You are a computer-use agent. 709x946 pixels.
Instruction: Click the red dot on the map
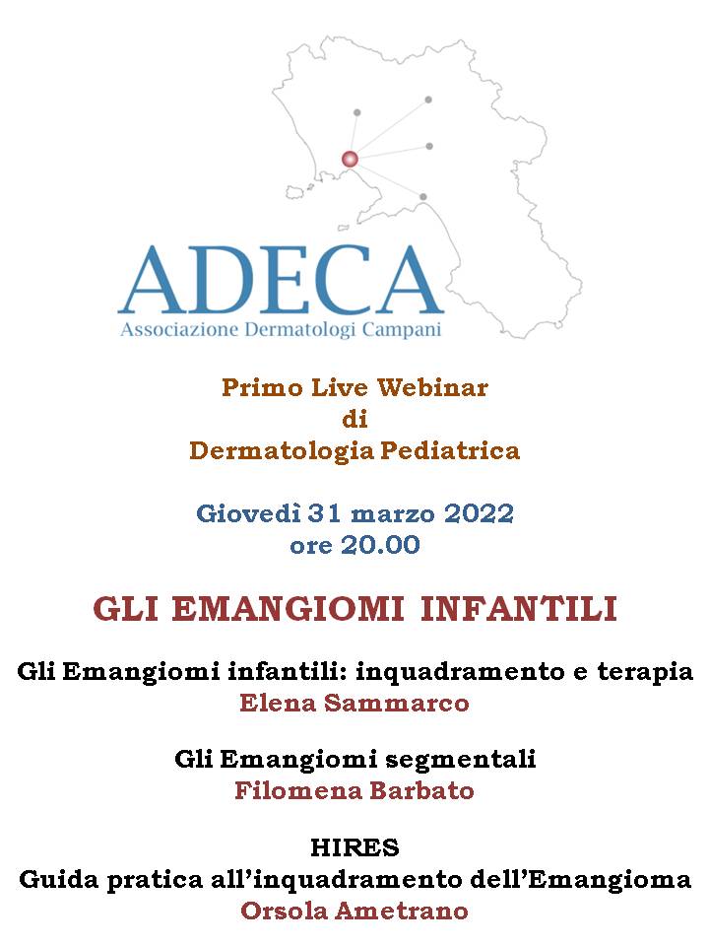point(350,160)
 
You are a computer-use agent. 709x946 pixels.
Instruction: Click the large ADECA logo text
point(281,280)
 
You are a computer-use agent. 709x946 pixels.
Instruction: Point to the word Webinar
point(433,387)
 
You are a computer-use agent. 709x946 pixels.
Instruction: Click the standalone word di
point(354,419)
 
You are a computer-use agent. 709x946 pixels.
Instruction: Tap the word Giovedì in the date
point(248,513)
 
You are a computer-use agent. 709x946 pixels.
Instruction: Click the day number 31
point(326,513)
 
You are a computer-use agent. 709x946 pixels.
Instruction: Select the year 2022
point(479,513)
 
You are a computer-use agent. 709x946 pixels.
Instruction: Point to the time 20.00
point(380,545)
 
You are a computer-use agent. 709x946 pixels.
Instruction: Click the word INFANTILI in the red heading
point(519,609)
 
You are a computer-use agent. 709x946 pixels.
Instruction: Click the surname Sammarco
point(396,703)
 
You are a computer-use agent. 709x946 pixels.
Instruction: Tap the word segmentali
point(461,759)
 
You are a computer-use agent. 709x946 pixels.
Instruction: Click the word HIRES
point(354,848)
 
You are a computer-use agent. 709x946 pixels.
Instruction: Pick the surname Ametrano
point(402,911)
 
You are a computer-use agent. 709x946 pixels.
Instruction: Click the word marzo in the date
point(393,514)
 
